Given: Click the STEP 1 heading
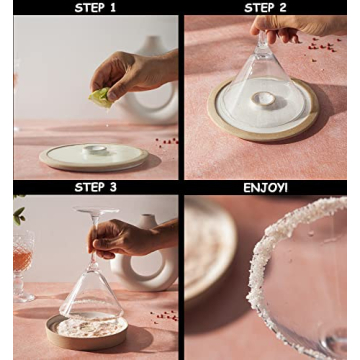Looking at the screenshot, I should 95,7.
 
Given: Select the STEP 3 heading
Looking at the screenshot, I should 95,187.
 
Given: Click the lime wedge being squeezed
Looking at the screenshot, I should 101,96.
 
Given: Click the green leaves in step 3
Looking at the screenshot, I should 18,214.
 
